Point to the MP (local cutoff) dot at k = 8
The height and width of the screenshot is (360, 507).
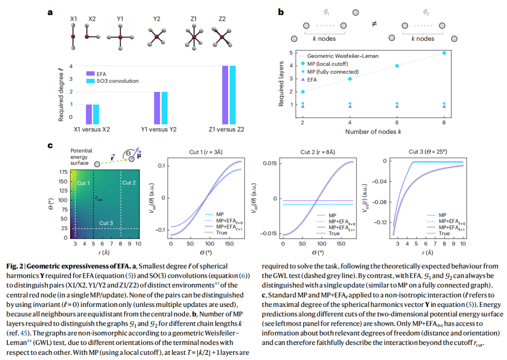444,53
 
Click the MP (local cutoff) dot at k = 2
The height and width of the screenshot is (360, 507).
303,92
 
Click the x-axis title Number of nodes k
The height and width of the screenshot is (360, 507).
373,131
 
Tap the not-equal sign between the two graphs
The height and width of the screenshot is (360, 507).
374,24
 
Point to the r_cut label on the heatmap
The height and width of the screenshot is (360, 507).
99,198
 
